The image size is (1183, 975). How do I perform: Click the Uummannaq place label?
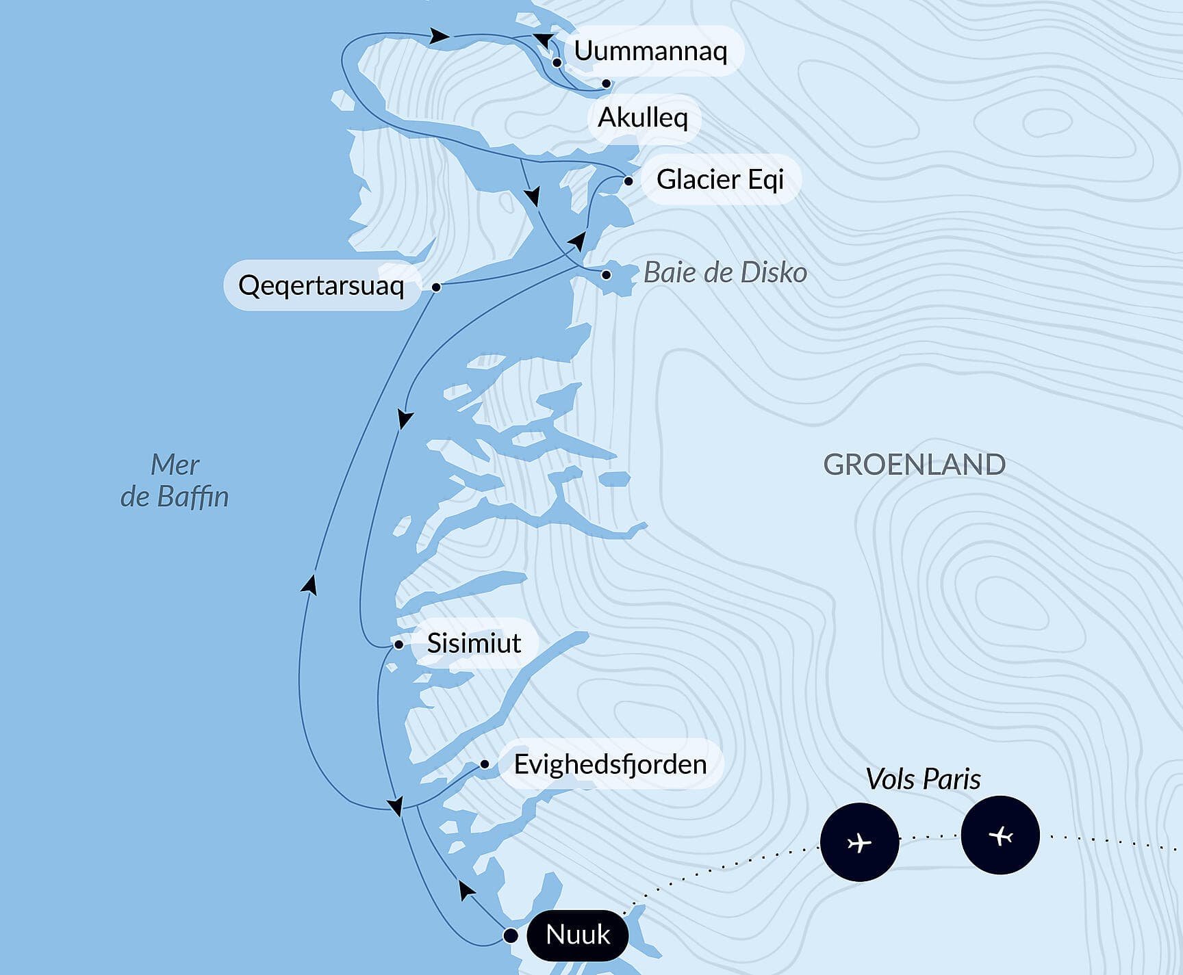pyautogui.click(x=650, y=51)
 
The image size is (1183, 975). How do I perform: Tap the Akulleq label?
pyautogui.click(x=643, y=118)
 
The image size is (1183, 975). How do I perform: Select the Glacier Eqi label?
pyautogui.click(x=720, y=179)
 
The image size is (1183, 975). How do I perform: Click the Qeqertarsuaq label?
pyautogui.click(x=321, y=285)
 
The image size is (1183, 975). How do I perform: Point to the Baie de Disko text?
pyautogui.click(x=725, y=272)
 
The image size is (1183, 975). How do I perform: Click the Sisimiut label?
pyautogui.click(x=474, y=643)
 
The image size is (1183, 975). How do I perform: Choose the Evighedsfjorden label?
pyautogui.click(x=610, y=764)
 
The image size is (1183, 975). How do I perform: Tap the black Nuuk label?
pyautogui.click(x=578, y=935)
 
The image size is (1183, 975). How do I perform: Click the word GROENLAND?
pyautogui.click(x=914, y=465)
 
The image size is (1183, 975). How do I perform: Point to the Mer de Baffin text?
pyautogui.click(x=175, y=481)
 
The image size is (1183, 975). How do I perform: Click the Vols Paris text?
pyautogui.click(x=923, y=779)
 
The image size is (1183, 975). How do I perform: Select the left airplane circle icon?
pyautogui.click(x=859, y=842)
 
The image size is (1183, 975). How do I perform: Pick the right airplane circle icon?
pyautogui.click(x=1000, y=835)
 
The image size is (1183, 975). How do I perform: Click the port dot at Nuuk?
pyautogui.click(x=510, y=935)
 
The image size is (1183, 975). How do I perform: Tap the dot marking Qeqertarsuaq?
pyautogui.click(x=436, y=287)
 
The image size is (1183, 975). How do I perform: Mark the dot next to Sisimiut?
pyautogui.click(x=398, y=645)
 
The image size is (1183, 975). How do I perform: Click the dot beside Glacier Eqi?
pyautogui.click(x=628, y=181)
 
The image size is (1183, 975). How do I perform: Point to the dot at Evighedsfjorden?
pyautogui.click(x=485, y=764)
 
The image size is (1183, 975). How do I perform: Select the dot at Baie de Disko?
pyautogui.click(x=606, y=275)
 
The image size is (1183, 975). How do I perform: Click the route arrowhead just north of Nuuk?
pyautogui.click(x=466, y=890)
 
